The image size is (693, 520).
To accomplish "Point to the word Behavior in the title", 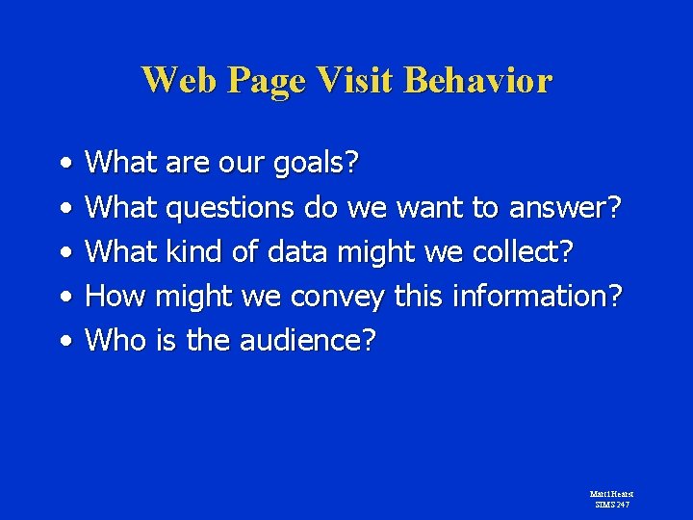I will (x=478, y=80).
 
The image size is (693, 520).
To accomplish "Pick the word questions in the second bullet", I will (x=232, y=208).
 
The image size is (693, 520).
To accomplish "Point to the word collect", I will (x=524, y=252).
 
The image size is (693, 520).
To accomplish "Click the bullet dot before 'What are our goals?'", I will (x=63, y=164).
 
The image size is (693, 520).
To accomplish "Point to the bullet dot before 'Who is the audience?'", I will (x=63, y=341).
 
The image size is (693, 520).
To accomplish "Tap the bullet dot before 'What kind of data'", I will (x=63, y=252).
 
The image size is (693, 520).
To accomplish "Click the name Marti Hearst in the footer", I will (x=611, y=494).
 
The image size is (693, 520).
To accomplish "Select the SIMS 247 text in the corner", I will (x=611, y=504).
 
